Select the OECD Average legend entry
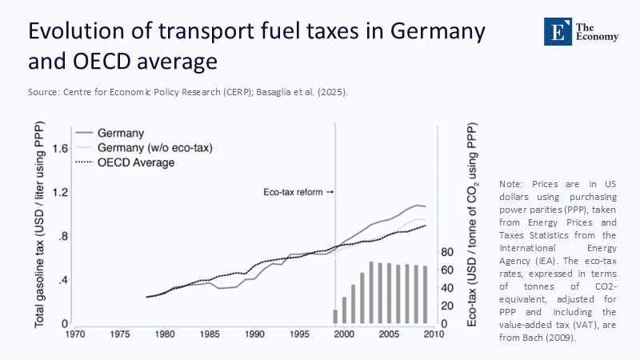point(135,162)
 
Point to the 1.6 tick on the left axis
point(59,149)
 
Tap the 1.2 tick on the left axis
point(59,193)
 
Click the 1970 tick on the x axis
point(76,334)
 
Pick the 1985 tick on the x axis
point(210,334)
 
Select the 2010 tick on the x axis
point(434,334)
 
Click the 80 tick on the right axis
point(450,252)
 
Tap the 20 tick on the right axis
point(450,306)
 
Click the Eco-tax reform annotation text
point(294,193)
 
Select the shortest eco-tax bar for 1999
point(335,317)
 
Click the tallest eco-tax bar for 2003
point(371,293)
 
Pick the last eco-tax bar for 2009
point(425,294)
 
